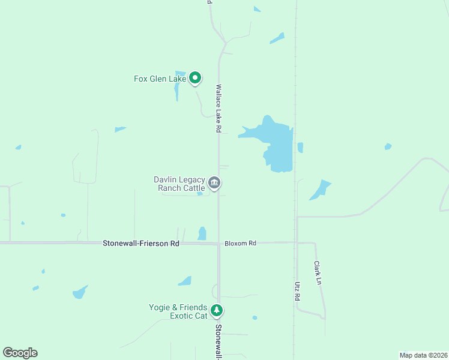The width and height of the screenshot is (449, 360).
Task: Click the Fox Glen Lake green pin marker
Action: (194, 77)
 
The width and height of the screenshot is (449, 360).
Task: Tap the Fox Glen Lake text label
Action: (159, 79)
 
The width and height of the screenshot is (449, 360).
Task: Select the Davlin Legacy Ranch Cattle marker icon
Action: (214, 182)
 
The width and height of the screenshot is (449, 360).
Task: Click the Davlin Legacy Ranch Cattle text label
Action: (179, 184)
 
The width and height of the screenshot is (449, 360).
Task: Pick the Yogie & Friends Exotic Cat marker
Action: (217, 311)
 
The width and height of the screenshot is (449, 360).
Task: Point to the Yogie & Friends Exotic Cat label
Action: (178, 311)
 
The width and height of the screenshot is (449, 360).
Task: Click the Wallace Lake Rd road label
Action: (219, 108)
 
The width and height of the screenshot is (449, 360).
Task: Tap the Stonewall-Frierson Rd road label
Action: (141, 244)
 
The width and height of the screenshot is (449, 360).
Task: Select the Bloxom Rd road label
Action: (240, 243)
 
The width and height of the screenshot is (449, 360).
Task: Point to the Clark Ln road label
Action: (318, 272)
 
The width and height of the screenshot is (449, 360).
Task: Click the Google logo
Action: (20, 353)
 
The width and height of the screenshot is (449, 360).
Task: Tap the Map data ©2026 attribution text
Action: (423, 355)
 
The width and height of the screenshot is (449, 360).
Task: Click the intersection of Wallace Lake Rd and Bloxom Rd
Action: (218, 243)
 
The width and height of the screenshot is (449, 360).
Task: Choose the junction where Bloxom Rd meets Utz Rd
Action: (297, 242)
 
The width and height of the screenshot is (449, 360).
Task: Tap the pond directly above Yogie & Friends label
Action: (185, 281)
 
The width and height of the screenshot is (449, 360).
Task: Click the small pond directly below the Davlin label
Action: (199, 193)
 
